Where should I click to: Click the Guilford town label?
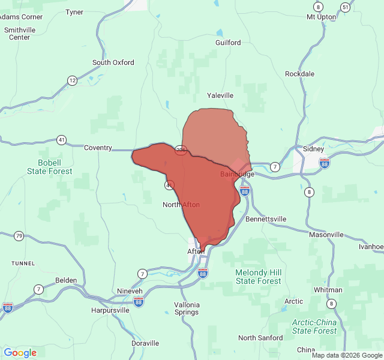(228, 43)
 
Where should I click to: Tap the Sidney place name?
(313, 149)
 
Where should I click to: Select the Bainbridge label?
(237, 174)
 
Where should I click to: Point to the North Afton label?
(181, 205)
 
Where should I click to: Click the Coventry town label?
(98, 148)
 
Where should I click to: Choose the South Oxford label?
(113, 62)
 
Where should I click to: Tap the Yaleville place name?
(220, 95)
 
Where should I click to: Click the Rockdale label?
(299, 74)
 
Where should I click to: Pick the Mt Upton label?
(321, 17)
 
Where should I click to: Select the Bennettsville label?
(266, 219)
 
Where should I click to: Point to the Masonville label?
(326, 235)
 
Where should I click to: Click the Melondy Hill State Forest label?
(258, 277)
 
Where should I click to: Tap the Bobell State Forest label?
(49, 167)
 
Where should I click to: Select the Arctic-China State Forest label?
(314, 326)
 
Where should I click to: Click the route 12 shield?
(73, 80)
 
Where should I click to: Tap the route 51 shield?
(345, 7)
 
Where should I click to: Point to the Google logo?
(20, 353)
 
